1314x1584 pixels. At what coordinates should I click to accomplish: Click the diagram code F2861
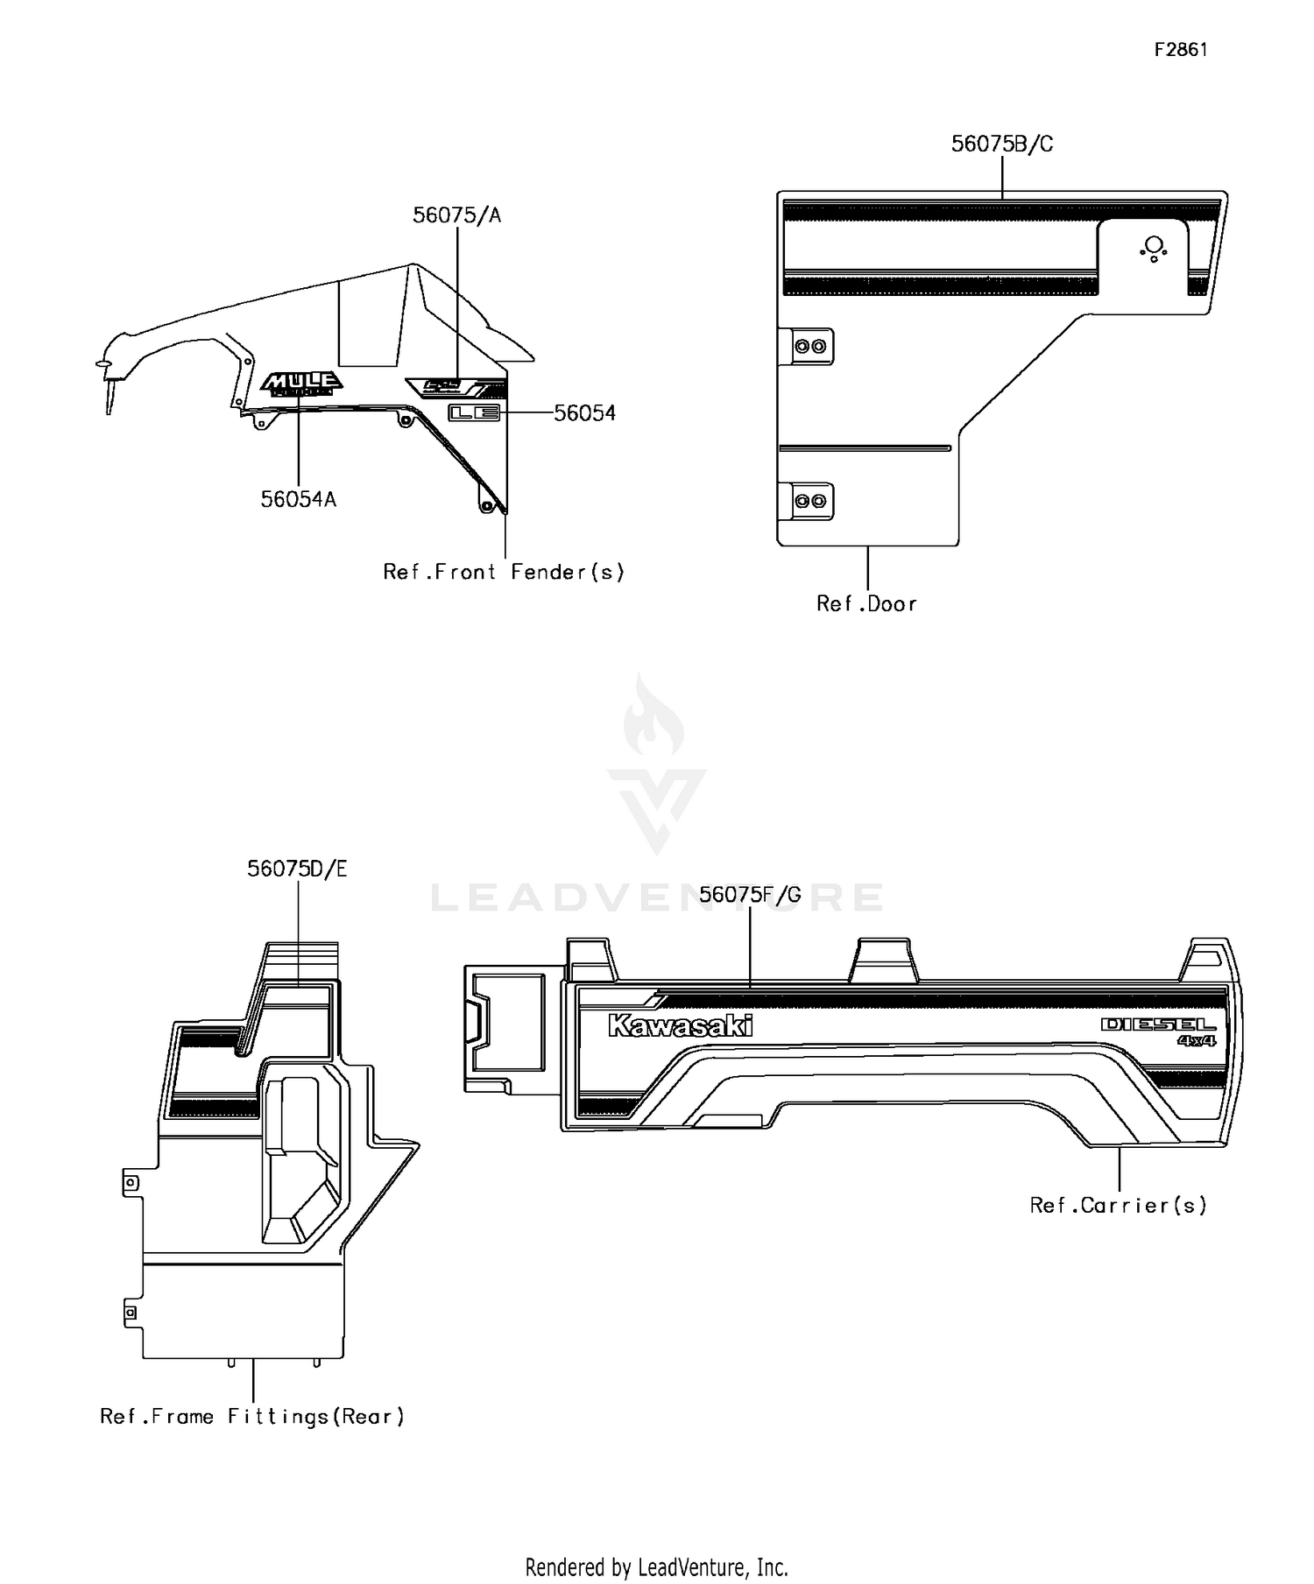pyautogui.click(x=1180, y=50)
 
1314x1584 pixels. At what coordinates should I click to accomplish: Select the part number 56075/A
pyautogui.click(x=456, y=215)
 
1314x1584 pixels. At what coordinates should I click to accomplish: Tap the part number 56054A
pyautogui.click(x=299, y=499)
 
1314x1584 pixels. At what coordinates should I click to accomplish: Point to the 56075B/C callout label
pyautogui.click(x=1002, y=144)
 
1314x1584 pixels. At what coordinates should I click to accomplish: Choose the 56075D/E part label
pyautogui.click(x=297, y=869)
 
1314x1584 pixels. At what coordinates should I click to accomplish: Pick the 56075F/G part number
pyautogui.click(x=750, y=895)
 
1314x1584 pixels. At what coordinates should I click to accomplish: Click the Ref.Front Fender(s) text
pyautogui.click(x=504, y=573)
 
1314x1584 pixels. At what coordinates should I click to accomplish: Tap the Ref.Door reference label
pyautogui.click(x=866, y=604)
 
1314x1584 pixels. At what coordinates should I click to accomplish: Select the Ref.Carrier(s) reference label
pyautogui.click(x=1118, y=1206)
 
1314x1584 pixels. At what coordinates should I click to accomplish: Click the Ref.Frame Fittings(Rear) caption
pyautogui.click(x=252, y=1417)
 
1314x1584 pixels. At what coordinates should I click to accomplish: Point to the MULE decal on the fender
pyautogui.click(x=301, y=383)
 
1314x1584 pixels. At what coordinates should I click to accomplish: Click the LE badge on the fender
pyautogui.click(x=474, y=413)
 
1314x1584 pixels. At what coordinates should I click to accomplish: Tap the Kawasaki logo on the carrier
pyautogui.click(x=680, y=1025)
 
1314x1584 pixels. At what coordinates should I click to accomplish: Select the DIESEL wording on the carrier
pyautogui.click(x=1158, y=1024)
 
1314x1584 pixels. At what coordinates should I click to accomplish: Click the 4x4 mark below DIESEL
pyautogui.click(x=1196, y=1041)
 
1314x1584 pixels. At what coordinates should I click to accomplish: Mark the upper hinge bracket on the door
pyautogui.click(x=810, y=347)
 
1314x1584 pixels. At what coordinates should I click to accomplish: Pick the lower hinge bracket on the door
pyautogui.click(x=810, y=501)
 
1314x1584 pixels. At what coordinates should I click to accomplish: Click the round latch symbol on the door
pyautogui.click(x=1154, y=248)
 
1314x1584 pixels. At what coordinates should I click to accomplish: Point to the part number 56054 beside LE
pyautogui.click(x=584, y=413)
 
